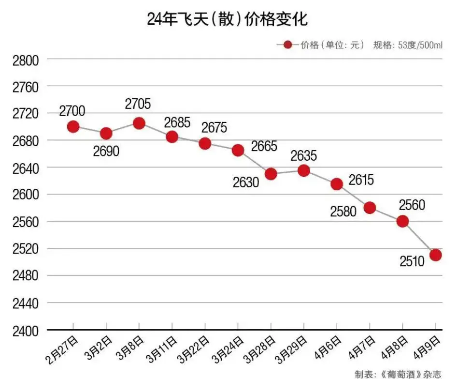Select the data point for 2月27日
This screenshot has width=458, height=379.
pos(73,127)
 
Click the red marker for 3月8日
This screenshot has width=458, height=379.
pos(139,123)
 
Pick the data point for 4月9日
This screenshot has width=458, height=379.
pos(435,255)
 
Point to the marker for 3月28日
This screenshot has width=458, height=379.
pos(271,174)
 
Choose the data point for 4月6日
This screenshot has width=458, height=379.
pos(337,184)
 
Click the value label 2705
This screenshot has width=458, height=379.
pos(138,104)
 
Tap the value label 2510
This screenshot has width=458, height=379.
pos(412,261)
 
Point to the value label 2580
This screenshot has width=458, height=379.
pos(344,211)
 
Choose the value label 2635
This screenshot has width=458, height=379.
pos(303,156)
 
